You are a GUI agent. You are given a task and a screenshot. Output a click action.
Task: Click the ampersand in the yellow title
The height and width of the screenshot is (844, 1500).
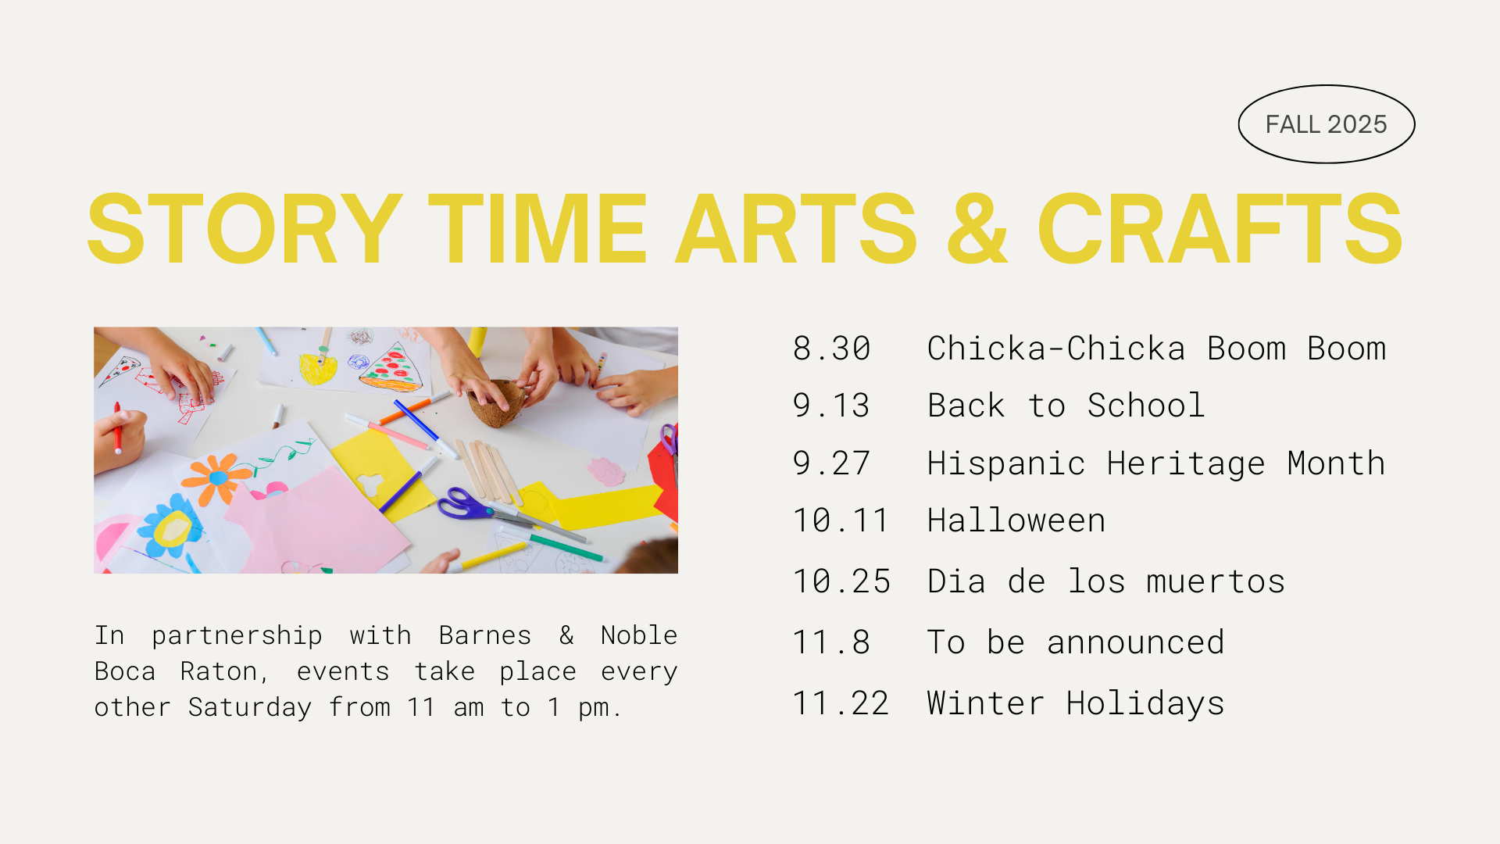(977, 229)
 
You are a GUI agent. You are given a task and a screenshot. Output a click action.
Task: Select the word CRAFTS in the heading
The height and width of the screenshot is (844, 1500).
(1220, 229)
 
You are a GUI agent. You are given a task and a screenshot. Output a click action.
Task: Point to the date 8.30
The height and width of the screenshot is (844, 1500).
(831, 349)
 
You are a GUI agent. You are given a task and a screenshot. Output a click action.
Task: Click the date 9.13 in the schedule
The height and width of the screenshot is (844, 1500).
(831, 406)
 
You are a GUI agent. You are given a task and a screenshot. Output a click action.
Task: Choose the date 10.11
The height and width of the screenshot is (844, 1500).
(841, 520)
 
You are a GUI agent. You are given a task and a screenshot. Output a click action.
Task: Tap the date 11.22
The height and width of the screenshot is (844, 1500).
(841, 703)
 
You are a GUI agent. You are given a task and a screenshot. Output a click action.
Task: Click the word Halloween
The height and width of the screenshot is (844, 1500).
(1016, 520)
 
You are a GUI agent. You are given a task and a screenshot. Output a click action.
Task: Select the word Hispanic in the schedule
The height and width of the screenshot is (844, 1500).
(1006, 464)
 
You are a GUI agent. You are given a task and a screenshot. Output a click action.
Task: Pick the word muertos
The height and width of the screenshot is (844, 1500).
(1216, 582)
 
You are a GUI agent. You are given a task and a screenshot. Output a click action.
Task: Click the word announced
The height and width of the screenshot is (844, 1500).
(1136, 642)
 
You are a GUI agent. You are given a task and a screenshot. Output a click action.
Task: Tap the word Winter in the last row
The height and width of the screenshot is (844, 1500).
(986, 703)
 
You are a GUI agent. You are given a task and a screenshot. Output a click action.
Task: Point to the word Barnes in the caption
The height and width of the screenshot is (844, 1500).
(485, 635)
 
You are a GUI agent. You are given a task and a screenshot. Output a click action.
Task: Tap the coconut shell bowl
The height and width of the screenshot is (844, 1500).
(496, 402)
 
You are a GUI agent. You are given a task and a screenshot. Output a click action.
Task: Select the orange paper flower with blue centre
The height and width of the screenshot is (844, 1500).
(217, 477)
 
